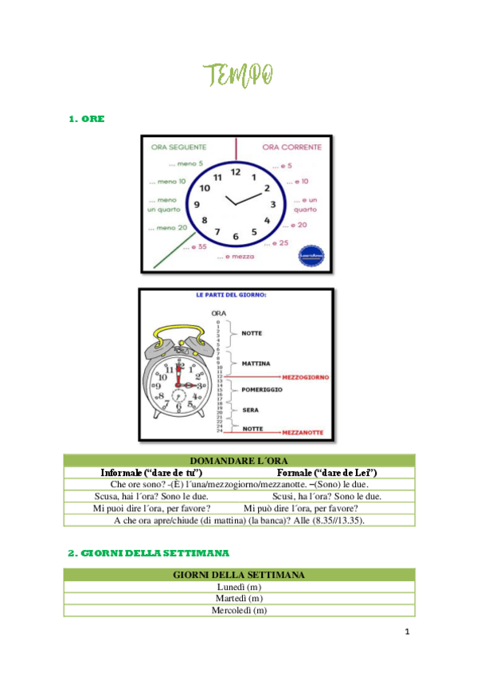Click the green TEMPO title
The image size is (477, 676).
coord(239,76)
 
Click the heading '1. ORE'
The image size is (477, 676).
coord(87,119)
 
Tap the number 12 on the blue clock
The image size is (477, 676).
coord(236,171)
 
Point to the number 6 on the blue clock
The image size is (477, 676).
coord(236,237)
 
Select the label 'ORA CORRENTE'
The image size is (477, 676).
coord(291,147)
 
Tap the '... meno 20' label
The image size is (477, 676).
coord(167,228)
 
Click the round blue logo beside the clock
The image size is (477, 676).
coord(311,255)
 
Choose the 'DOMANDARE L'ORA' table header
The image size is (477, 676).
coord(239,461)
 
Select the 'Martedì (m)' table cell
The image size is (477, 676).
coord(239,598)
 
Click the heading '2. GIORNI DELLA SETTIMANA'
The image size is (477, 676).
coord(149,552)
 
